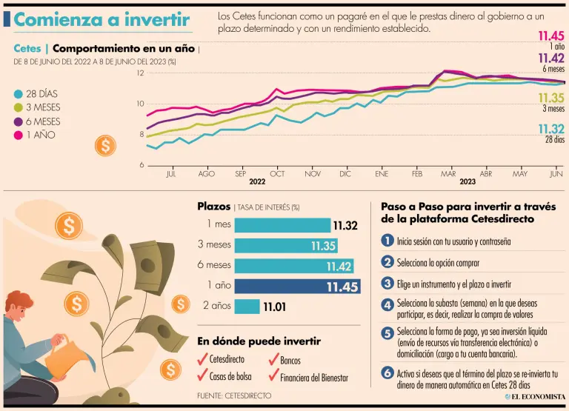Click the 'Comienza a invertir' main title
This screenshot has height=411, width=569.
[102, 20]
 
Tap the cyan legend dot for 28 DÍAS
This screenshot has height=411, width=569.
[19, 94]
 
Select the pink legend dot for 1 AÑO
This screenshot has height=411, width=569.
[19, 135]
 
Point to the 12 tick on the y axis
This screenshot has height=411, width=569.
[140, 73]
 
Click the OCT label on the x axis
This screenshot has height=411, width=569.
[277, 174]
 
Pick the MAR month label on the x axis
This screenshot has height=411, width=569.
[448, 174]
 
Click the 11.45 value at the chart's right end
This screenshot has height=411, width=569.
[550, 36]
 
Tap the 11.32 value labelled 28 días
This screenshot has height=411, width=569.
[551, 130]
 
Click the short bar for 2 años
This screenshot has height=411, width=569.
[247, 306]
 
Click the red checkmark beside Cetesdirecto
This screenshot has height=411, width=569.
[202, 358]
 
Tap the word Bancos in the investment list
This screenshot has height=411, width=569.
[290, 361]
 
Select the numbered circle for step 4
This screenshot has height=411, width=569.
[387, 304]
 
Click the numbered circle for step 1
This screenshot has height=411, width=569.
[387, 241]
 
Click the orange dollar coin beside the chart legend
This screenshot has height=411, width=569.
[105, 145]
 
